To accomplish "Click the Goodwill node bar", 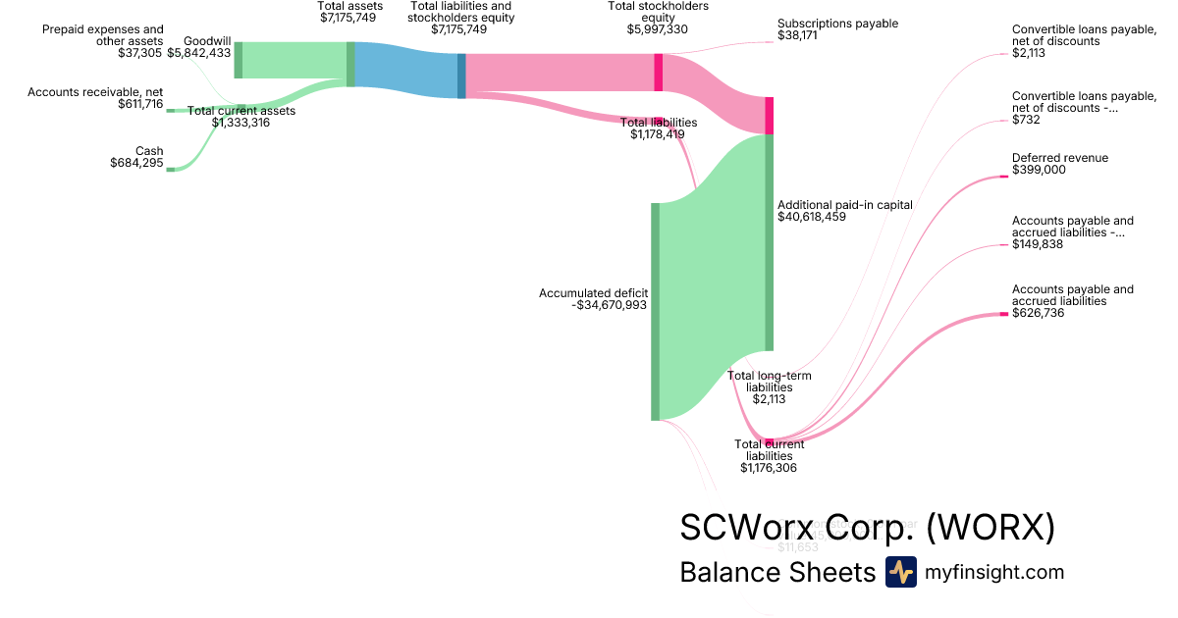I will pyautogui.click(x=238, y=60).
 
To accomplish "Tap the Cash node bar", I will pyautogui.click(x=170, y=169).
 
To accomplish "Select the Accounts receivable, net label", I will pyautogui.click(x=95, y=91).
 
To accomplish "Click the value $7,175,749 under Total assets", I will pyautogui.click(x=348, y=18).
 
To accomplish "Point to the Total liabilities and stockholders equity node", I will pyautogui.click(x=461, y=76).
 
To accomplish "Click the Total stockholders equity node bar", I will pyautogui.click(x=658, y=72).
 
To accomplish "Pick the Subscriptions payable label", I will pyautogui.click(x=837, y=24).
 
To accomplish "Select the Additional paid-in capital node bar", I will pyautogui.click(x=770, y=242).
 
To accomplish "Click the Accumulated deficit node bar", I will pyautogui.click(x=655, y=311).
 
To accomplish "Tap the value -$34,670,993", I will pyautogui.click(x=609, y=305).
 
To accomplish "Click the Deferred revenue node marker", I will pyautogui.click(x=1003, y=176).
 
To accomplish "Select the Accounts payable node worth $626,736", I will pyautogui.click(x=1003, y=314).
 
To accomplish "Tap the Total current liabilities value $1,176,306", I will pyautogui.click(x=769, y=468).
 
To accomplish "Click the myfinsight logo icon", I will pyautogui.click(x=900, y=572).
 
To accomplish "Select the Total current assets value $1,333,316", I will pyautogui.click(x=241, y=123).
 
